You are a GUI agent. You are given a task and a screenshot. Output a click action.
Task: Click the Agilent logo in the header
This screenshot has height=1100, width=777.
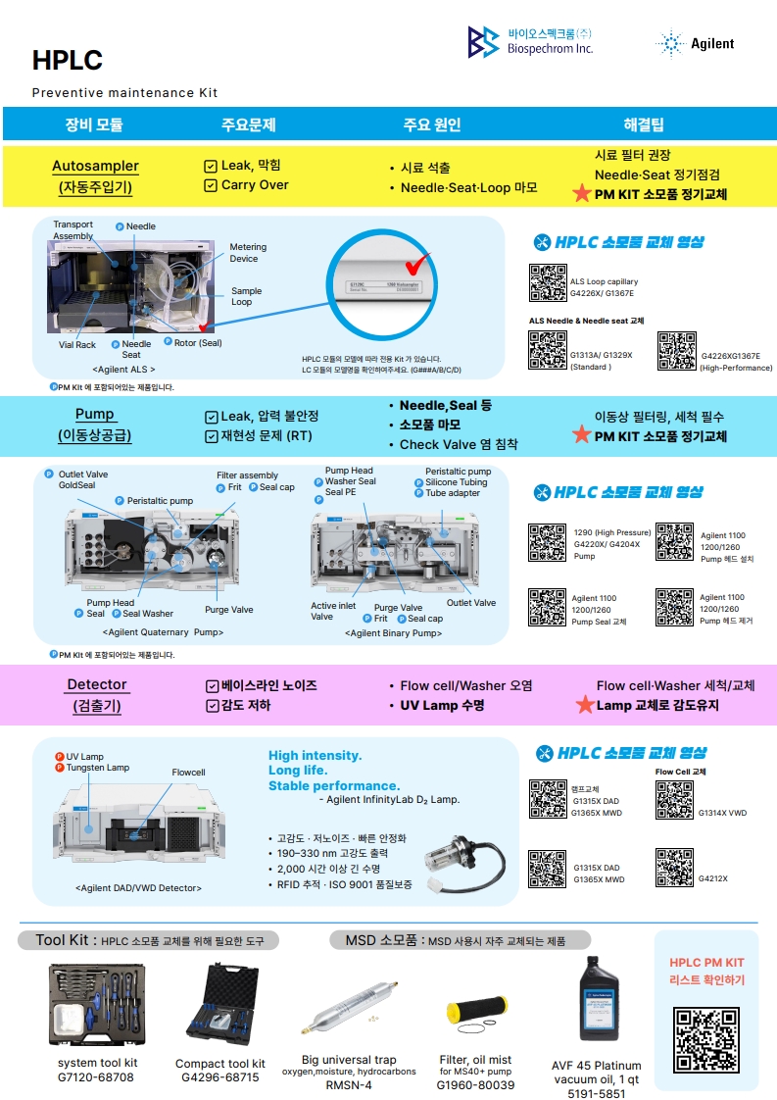(x=695, y=43)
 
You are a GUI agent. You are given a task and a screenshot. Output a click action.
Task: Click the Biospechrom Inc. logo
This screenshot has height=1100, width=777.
(x=530, y=42)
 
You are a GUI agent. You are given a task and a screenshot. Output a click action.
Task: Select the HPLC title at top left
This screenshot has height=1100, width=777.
(x=67, y=61)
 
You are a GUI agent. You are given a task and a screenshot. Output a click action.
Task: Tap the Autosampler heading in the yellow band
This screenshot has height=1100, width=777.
(x=95, y=167)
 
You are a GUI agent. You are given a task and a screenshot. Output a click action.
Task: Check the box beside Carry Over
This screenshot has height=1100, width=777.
(x=211, y=185)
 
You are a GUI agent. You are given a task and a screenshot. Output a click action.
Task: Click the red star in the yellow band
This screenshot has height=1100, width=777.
(x=582, y=194)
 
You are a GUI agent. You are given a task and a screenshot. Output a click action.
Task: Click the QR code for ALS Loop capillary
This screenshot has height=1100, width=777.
(x=548, y=282)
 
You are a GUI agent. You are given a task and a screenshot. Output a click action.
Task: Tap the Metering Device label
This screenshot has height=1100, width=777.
(x=248, y=253)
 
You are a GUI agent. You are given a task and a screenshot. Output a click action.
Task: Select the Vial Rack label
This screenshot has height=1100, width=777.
(x=77, y=345)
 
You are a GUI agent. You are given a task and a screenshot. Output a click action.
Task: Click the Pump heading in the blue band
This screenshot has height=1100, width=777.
(x=95, y=414)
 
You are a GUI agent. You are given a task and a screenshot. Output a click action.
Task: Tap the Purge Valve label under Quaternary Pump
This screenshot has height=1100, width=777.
(x=229, y=610)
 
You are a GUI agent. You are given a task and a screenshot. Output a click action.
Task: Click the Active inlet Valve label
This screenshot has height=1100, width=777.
(x=332, y=611)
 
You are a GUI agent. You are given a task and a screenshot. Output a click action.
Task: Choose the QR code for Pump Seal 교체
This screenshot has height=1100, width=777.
(x=548, y=607)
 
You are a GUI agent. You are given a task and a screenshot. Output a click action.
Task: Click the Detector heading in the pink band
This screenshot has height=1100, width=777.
(x=96, y=684)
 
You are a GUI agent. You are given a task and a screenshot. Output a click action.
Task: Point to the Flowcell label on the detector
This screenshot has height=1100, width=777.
(x=188, y=773)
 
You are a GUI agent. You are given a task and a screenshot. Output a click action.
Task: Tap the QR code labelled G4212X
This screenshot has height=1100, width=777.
(x=674, y=868)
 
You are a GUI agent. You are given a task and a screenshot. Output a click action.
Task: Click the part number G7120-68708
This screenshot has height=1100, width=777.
(x=95, y=1077)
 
